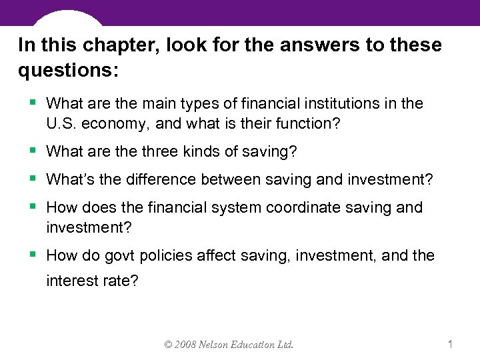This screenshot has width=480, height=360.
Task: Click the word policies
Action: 174,255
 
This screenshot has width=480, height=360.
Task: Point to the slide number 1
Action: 451,345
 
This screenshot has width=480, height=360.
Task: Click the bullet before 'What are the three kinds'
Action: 35,151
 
